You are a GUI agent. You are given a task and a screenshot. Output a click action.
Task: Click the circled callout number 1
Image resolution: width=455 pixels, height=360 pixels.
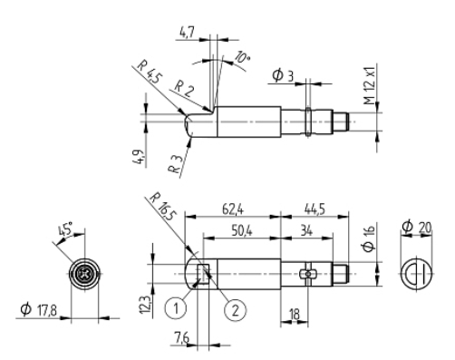tap(176, 308)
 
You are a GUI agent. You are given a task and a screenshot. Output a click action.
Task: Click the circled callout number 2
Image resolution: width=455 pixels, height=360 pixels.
tap(235, 309)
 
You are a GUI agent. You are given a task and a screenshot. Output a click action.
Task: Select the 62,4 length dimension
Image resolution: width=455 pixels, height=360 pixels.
tap(233, 209)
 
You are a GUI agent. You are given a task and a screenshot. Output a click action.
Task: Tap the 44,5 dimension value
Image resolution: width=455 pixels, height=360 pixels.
tap(315, 209)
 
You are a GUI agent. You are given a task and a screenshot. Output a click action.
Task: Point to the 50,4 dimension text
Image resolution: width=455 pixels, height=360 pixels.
tap(242, 231)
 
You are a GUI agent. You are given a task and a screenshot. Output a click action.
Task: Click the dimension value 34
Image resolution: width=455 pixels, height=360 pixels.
tap(306, 231)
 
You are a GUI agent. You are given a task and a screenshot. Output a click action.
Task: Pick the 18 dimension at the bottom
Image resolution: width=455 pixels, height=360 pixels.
tap(295, 315)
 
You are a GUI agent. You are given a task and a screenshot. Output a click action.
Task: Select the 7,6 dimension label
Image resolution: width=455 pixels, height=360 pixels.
tap(181, 337)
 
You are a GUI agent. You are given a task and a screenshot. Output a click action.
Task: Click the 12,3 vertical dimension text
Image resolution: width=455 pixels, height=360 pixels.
tap(145, 305)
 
